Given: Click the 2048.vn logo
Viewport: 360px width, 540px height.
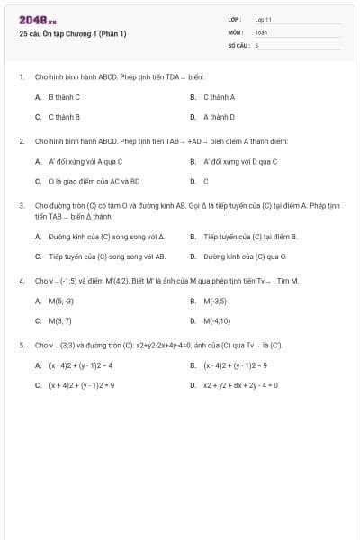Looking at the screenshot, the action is tap(37, 20).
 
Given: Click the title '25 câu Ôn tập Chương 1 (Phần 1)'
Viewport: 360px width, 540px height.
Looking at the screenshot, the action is tap(72, 34).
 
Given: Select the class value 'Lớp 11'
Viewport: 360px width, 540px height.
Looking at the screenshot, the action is tap(263, 19).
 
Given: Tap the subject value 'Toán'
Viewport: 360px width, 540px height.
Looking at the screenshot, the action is tap(261, 31).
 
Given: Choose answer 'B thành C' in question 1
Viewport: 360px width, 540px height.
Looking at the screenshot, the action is tap(64, 97).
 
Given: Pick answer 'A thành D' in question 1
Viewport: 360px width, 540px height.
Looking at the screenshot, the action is tap(219, 117).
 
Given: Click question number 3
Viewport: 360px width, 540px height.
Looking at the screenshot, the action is tap(21, 205).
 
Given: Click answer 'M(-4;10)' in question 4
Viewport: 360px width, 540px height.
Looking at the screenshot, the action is tap(217, 320).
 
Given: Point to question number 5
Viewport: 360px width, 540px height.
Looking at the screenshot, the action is tap(21, 345).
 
